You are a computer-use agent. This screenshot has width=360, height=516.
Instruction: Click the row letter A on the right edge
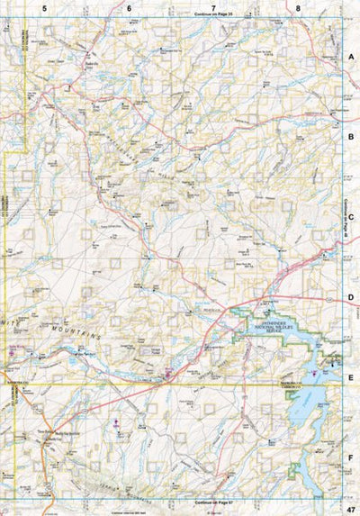(351, 56)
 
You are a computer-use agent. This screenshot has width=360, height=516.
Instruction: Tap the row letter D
(351, 296)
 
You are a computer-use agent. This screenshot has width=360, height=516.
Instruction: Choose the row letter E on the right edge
(351, 377)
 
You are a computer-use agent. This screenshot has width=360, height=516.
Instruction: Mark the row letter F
(351, 457)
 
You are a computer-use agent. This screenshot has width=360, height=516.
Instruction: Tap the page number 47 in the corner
(349, 509)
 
